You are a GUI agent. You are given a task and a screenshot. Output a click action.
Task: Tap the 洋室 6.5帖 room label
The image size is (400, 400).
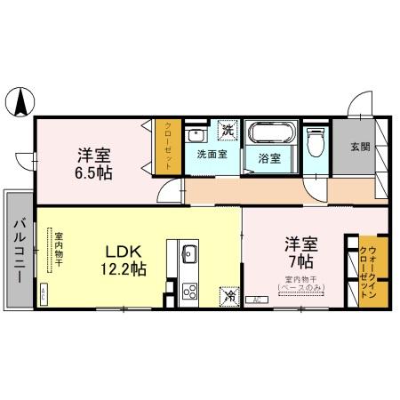coord(94,163)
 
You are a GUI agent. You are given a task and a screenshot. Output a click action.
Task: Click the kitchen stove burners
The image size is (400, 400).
coord(188,290)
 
